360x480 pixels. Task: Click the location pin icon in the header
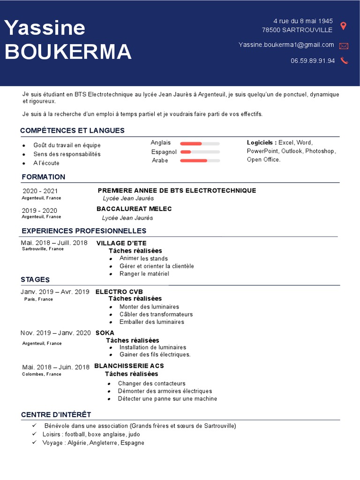(x=343, y=26)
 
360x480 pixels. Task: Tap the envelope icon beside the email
(x=344, y=46)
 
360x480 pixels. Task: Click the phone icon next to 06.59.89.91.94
(x=344, y=60)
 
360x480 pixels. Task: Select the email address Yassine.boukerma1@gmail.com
(x=286, y=45)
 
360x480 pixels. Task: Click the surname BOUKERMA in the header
(x=68, y=52)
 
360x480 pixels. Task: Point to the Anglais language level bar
(x=200, y=143)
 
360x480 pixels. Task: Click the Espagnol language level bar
(x=200, y=152)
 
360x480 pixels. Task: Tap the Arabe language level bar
(x=200, y=160)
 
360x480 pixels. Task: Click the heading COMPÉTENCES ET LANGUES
(x=72, y=130)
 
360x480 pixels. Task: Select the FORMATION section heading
(x=44, y=177)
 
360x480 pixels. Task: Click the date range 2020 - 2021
(x=40, y=191)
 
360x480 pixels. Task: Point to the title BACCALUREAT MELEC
(x=134, y=209)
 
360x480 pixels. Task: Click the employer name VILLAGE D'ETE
(x=121, y=243)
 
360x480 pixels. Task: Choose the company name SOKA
(x=105, y=333)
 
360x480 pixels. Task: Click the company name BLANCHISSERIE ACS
(x=129, y=366)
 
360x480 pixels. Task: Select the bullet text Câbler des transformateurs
(x=156, y=314)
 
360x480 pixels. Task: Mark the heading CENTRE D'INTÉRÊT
(x=56, y=414)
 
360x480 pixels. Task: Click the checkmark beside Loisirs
(x=34, y=434)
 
